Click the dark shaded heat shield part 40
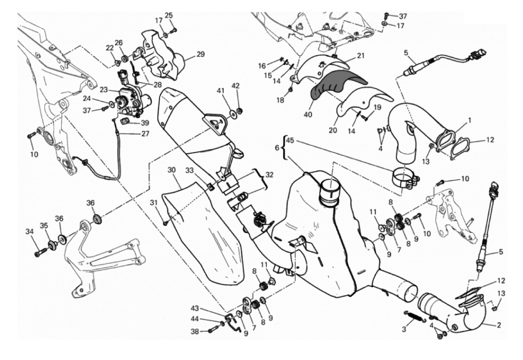[336, 85]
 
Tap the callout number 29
[201, 54]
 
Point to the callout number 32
[269, 175]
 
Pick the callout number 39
[145, 123]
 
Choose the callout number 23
[104, 90]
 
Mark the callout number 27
[145, 134]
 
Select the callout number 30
[172, 170]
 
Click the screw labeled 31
[166, 224]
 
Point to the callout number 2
[499, 325]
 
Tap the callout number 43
[195, 308]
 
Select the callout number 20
[333, 130]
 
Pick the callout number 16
[262, 66]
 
